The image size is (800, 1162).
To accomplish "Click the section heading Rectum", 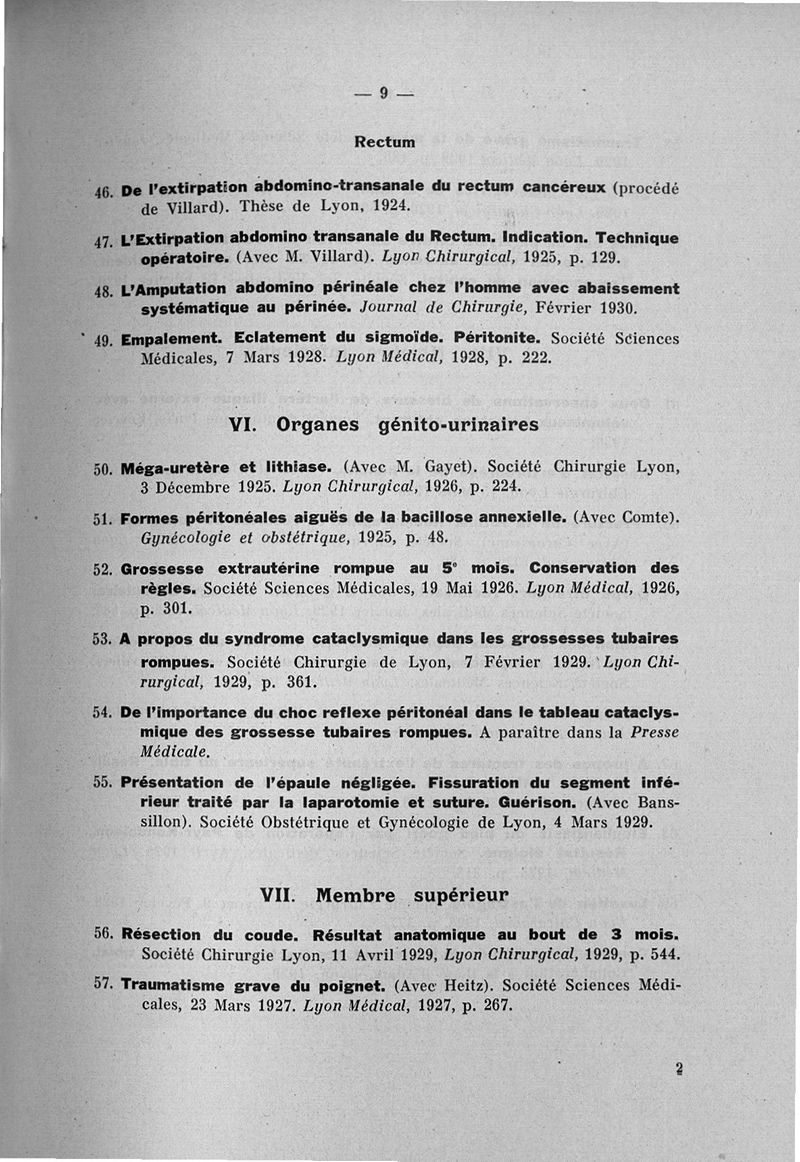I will coord(385,142).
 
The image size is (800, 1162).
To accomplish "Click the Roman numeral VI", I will coord(245,424).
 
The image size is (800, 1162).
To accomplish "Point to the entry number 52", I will coord(101,569).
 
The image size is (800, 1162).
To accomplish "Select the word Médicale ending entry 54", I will coord(175,751).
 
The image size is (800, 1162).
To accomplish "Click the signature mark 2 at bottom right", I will coord(678,1068).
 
